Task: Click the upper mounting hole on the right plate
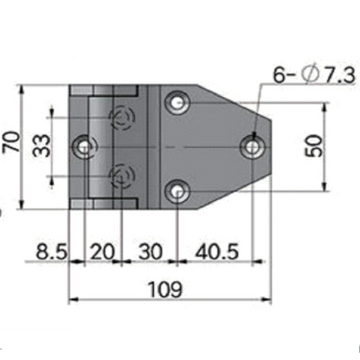(177, 103)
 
